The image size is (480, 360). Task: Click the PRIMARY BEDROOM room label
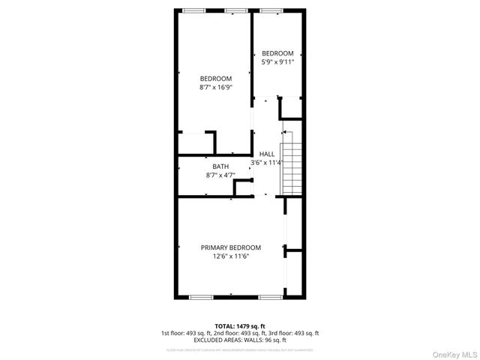click(x=230, y=247)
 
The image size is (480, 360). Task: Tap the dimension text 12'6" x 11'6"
click(x=230, y=256)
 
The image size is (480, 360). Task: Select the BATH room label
click(x=220, y=166)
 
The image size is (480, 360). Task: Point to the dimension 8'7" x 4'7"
click(x=220, y=175)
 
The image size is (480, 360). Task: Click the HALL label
click(x=267, y=154)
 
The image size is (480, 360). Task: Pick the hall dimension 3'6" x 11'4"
click(x=267, y=163)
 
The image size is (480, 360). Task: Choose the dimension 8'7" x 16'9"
click(x=215, y=88)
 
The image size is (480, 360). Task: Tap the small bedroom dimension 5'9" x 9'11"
click(x=277, y=62)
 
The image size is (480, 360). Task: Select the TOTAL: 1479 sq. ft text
click(x=240, y=326)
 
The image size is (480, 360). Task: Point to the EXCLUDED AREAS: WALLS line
click(x=240, y=340)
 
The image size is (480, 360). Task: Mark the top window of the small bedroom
click(x=271, y=10)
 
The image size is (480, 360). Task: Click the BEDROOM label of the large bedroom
click(x=215, y=79)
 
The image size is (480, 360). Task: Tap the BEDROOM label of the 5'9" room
click(x=277, y=53)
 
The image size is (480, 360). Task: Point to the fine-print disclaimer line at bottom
click(x=240, y=349)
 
